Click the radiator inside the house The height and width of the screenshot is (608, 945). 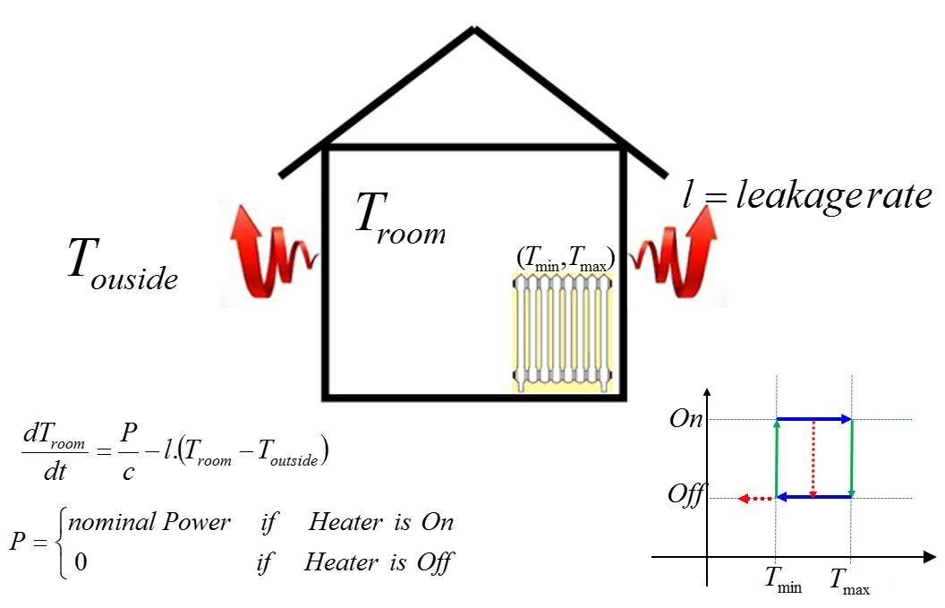click(563, 331)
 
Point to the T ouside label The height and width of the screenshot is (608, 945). click(122, 263)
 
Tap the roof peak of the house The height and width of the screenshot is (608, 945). click(474, 31)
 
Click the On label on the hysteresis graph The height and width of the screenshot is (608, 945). click(686, 420)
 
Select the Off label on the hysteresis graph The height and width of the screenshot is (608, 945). click(686, 494)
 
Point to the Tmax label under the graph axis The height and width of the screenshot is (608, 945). click(849, 582)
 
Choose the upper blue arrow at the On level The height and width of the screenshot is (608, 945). click(813, 418)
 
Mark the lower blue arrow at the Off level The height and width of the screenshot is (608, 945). click(813, 497)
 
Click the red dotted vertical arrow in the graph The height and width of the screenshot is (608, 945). click(812, 458)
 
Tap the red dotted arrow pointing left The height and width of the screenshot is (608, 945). click(755, 498)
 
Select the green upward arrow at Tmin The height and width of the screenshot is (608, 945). click(777, 458)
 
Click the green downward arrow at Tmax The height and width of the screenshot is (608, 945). click(851, 458)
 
